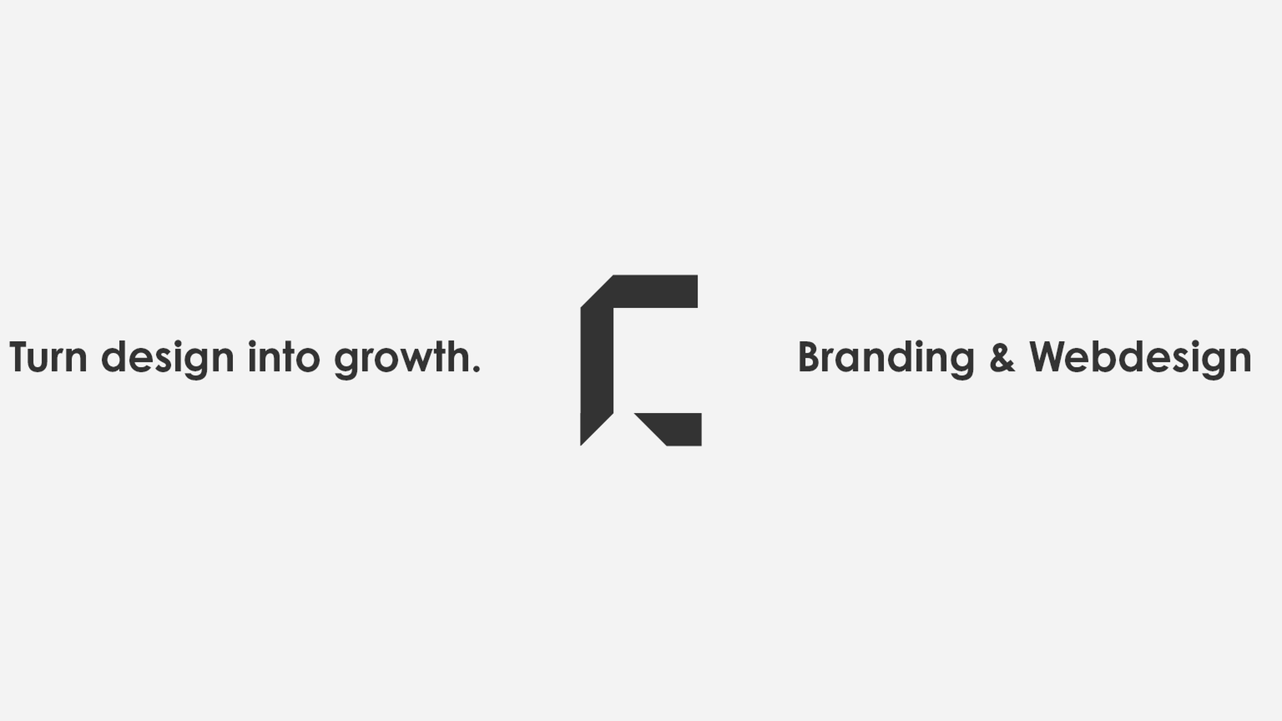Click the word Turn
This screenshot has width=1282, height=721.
tap(48, 357)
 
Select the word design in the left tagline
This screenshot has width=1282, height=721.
tap(168, 359)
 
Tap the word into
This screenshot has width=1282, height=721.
tap(284, 356)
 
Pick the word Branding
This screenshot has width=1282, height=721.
tap(886, 359)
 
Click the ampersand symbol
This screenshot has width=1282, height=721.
tap(1002, 357)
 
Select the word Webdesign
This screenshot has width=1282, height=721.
tap(1140, 359)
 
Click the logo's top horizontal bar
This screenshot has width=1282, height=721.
tap(655, 292)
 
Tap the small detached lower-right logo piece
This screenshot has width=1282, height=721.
tap(676, 429)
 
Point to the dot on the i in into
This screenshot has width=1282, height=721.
tap(253, 344)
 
